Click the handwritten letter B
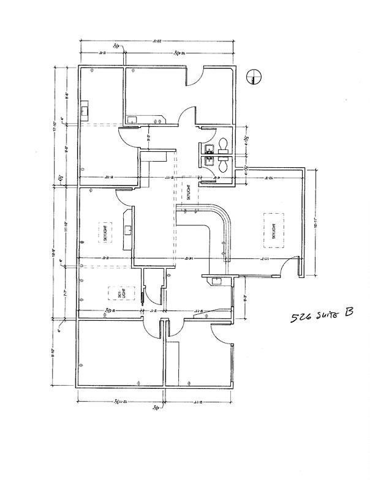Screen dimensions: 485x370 349,313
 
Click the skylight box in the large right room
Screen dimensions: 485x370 273,230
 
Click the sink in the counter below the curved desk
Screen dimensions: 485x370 214,280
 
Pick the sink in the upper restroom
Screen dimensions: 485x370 208,147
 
